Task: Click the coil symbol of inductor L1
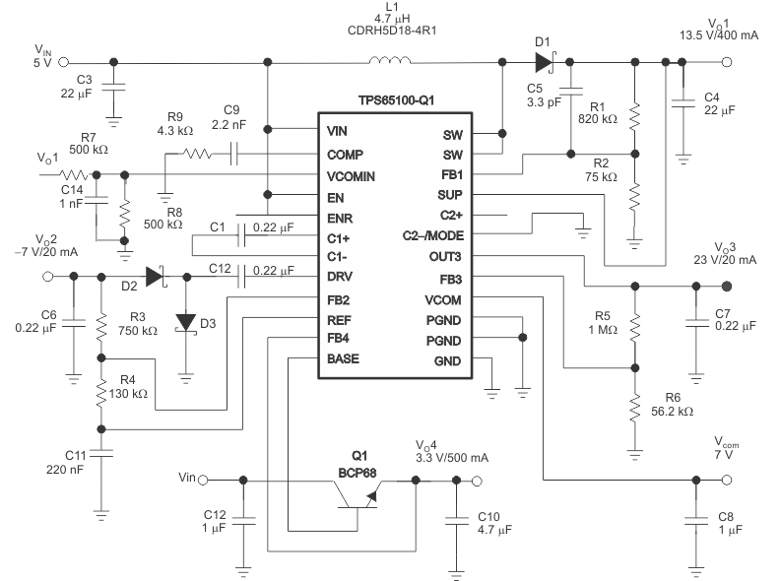(390, 61)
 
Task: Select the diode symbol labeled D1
(543, 62)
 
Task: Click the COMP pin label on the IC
(345, 154)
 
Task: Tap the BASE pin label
(344, 358)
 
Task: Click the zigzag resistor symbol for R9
(196, 154)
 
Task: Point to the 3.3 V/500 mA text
(450, 458)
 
